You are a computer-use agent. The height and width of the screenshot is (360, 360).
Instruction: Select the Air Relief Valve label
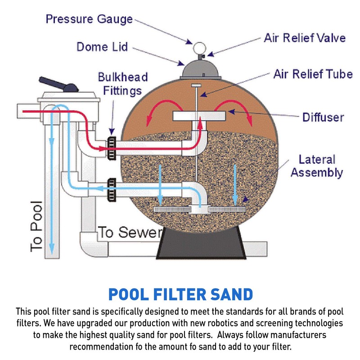point(304,37)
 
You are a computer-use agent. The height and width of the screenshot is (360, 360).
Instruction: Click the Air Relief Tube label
point(313,74)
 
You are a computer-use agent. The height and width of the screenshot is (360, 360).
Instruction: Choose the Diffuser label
point(323,117)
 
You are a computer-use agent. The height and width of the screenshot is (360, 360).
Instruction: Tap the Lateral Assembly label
point(316,166)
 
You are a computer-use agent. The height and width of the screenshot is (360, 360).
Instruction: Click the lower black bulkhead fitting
point(111,189)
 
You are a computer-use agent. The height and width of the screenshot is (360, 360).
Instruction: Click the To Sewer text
point(130,232)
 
